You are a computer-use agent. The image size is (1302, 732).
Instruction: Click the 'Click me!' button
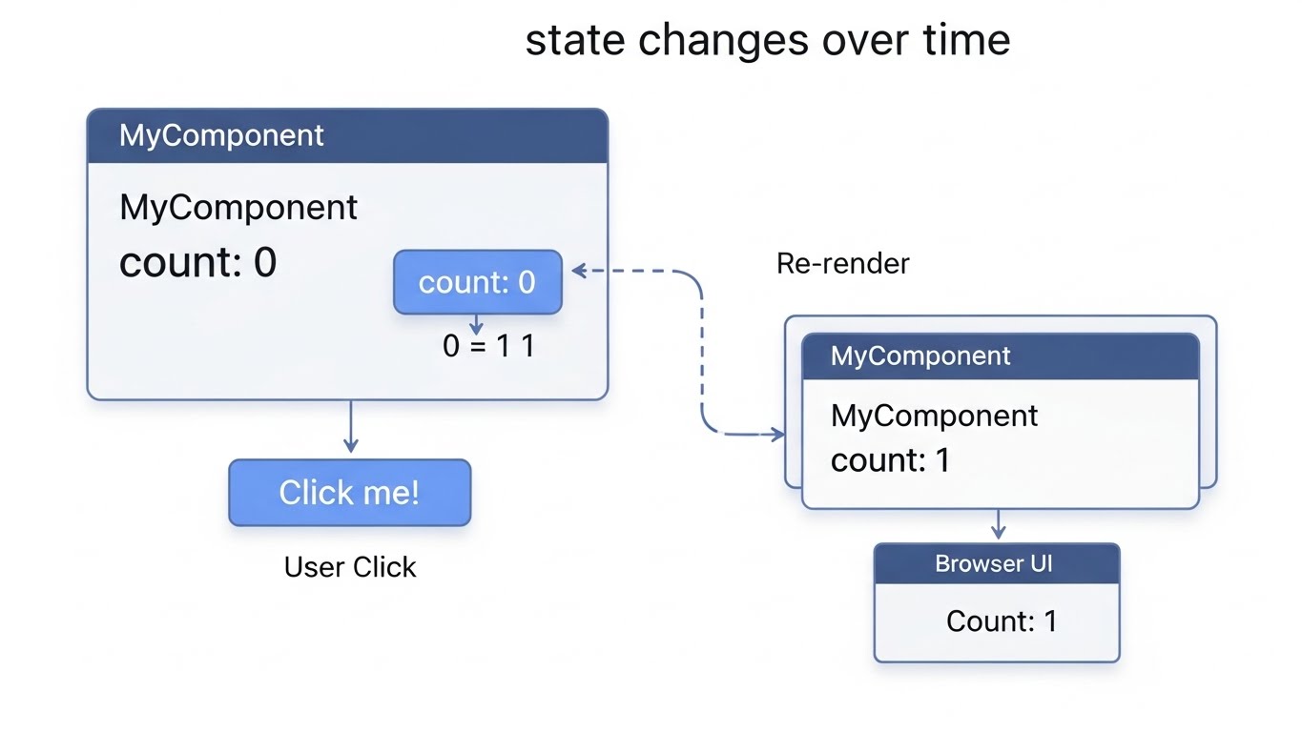pos(349,493)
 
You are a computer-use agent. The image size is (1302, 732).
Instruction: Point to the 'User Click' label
pos(350,567)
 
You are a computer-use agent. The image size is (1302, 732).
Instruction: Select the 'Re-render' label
pos(842,263)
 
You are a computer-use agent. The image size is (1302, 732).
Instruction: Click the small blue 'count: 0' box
pos(477,282)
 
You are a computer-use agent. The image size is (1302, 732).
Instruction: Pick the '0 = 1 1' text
pos(488,345)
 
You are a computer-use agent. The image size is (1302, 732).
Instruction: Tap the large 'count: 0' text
pos(197,262)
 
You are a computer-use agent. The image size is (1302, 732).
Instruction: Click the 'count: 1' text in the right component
pos(890,460)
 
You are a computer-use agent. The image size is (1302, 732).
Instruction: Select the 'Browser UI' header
pos(996,563)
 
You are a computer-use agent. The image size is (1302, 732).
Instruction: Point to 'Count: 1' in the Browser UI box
pos(1001,621)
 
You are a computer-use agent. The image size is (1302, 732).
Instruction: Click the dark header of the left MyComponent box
pos(347,135)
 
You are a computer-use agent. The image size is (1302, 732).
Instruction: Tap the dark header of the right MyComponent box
pos(1000,356)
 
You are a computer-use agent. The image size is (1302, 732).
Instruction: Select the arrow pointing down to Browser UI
pos(998,525)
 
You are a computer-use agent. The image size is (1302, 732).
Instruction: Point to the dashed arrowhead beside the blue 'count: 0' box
pos(578,272)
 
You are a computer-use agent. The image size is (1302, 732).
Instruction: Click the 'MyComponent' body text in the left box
pos(238,208)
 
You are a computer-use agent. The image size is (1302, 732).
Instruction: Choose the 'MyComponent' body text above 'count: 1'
pos(934,416)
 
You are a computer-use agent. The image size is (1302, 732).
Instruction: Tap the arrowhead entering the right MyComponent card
pos(778,435)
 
